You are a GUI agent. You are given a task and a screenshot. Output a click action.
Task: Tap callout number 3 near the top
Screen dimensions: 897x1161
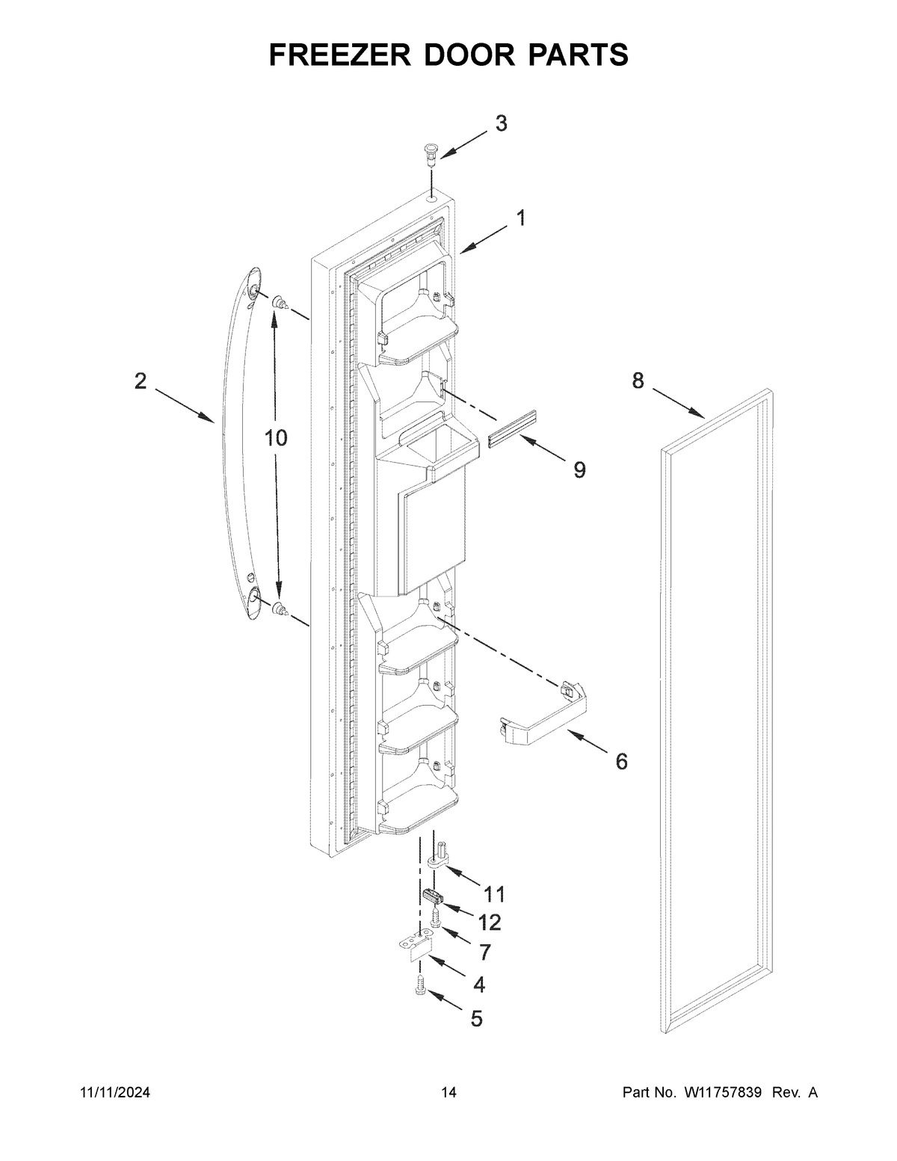click(501, 123)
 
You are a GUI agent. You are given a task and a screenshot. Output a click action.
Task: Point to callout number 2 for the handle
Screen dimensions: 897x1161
click(141, 381)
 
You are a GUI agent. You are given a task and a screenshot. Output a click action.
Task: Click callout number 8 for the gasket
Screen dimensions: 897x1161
click(638, 381)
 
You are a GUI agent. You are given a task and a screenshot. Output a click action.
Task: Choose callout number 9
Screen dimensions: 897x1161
click(579, 469)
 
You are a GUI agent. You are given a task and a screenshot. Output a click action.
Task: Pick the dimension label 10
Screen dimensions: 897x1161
click(276, 438)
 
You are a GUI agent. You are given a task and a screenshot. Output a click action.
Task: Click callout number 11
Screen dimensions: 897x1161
click(494, 893)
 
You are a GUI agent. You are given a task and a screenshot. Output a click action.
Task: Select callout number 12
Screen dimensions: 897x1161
click(490, 923)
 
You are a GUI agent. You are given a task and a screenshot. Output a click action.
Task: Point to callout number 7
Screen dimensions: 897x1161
click(484, 952)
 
